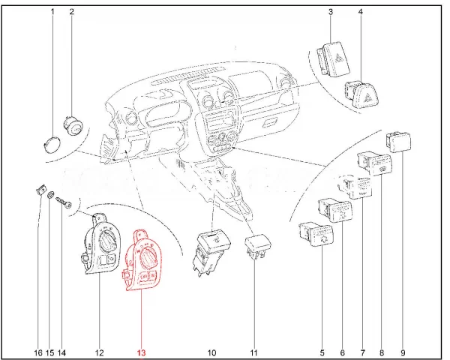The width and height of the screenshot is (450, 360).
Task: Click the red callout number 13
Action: (x=142, y=352)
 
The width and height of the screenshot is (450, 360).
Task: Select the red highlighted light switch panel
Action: (x=141, y=260)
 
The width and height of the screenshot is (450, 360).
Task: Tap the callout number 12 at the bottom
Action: (x=99, y=352)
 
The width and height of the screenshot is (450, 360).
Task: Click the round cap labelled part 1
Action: (x=52, y=143)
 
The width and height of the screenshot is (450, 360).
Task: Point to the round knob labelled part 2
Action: (x=73, y=125)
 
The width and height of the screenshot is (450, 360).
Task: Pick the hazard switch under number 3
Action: (x=334, y=60)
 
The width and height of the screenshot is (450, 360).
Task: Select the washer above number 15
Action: (x=50, y=195)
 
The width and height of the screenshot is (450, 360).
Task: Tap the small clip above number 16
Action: (x=40, y=190)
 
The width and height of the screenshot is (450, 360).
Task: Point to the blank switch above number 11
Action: (x=257, y=247)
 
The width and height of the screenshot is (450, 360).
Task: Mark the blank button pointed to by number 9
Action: (x=399, y=142)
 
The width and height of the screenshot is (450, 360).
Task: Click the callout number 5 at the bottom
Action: (x=322, y=352)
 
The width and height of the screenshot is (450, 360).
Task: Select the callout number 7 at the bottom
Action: (x=363, y=352)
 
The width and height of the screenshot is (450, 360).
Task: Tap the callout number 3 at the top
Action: (x=331, y=12)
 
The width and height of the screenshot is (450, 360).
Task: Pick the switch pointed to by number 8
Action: (x=375, y=163)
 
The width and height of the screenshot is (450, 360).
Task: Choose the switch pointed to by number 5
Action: (x=316, y=235)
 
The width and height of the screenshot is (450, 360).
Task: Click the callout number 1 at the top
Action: (x=52, y=12)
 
